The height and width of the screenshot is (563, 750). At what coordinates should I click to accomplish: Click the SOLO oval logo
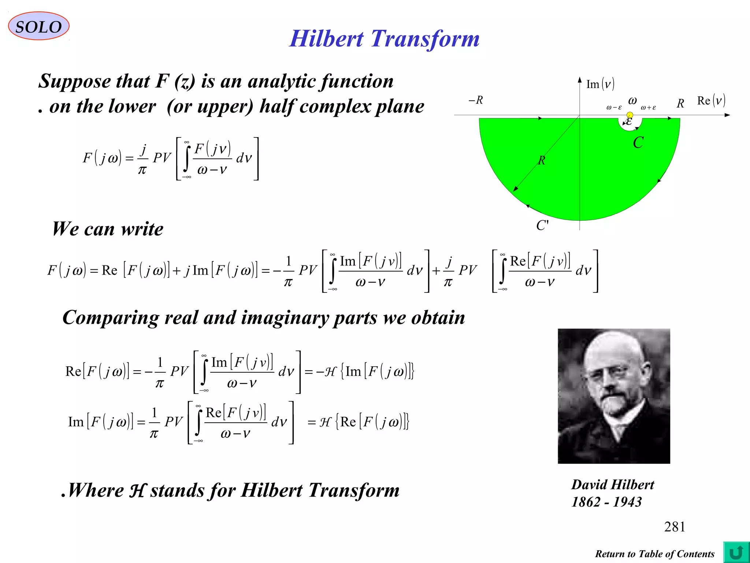tap(38, 26)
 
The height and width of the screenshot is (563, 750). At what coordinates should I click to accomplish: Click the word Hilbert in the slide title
tap(326, 39)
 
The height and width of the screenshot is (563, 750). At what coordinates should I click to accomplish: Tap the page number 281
tap(674, 527)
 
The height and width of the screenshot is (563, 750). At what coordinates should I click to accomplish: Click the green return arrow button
tap(736, 552)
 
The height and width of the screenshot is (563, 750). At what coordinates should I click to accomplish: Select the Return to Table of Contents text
tap(654, 554)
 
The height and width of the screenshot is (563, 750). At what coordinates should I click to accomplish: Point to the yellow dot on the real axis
tap(630, 115)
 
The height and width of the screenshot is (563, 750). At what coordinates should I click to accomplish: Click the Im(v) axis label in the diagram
tap(600, 84)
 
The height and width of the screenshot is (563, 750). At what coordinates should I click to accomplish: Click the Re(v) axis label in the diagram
tap(711, 100)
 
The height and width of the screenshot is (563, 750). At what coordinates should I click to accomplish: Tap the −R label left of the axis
tap(476, 100)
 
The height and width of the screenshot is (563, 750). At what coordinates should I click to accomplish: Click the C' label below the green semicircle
tap(542, 225)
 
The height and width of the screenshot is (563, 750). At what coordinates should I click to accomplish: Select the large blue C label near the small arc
tap(638, 143)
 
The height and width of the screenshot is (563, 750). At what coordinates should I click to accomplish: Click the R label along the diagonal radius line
tap(542, 161)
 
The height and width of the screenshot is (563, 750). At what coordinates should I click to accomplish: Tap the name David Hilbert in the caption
tap(613, 485)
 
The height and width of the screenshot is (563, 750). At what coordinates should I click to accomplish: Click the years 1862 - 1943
tap(606, 502)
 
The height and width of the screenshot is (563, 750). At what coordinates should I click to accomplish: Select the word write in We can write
tap(142, 229)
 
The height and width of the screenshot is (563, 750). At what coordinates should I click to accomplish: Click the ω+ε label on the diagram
tap(648, 108)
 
